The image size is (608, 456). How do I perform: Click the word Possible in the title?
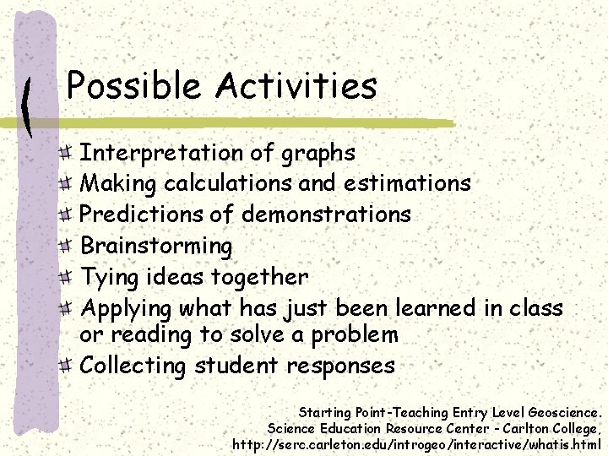(x=134, y=85)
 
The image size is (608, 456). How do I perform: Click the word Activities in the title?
(x=296, y=85)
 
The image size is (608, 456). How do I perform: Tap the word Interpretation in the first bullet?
(x=160, y=153)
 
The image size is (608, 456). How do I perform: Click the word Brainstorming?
(x=155, y=247)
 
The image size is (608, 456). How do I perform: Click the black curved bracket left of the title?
(x=28, y=106)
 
